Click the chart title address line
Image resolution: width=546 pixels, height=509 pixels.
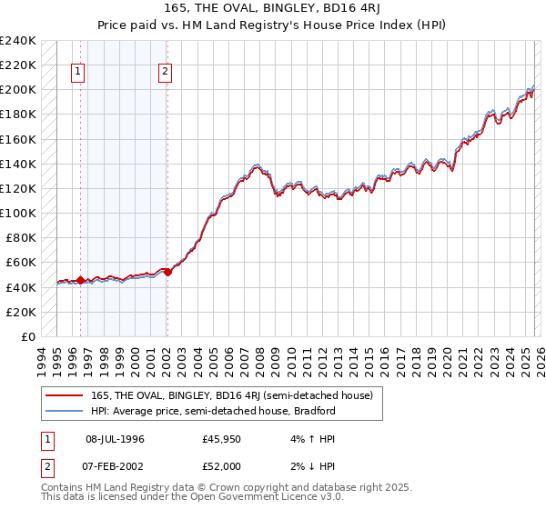[x=273, y=8]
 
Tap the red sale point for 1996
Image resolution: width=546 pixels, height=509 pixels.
[x=80, y=280]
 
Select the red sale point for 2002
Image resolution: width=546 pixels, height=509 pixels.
[x=167, y=272]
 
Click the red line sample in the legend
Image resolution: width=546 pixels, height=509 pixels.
[x=66, y=395]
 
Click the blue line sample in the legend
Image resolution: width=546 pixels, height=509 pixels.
[x=66, y=411]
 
